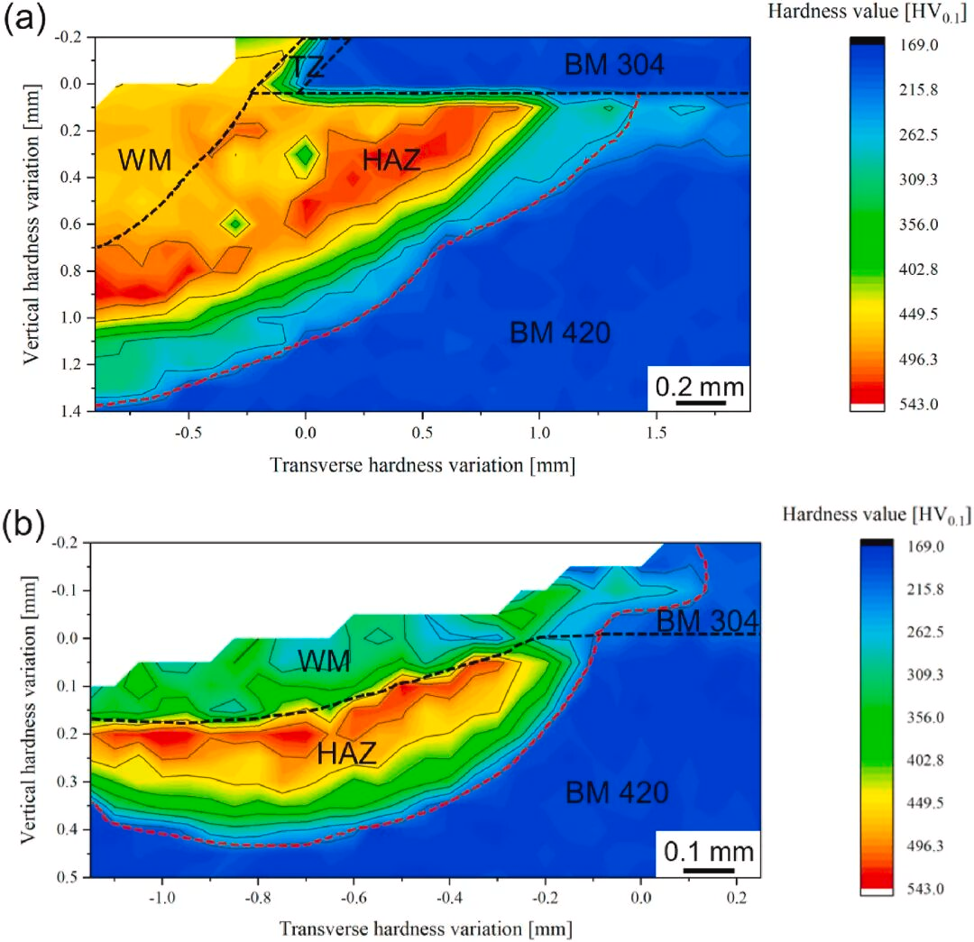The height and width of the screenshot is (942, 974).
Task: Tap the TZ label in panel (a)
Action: click(x=307, y=65)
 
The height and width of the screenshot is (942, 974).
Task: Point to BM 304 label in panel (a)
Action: click(x=614, y=65)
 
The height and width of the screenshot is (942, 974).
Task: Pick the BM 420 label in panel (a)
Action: click(x=560, y=334)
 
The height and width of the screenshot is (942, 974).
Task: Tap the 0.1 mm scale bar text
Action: click(x=707, y=851)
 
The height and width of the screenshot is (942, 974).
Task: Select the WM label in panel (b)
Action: click(x=325, y=662)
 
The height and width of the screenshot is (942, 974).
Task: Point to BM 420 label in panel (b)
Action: click(x=617, y=793)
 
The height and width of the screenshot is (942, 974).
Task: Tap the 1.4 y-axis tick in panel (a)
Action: click(x=72, y=411)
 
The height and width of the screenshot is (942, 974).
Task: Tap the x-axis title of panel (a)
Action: click(x=423, y=465)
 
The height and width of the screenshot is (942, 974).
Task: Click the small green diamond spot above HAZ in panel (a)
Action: click(x=305, y=155)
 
